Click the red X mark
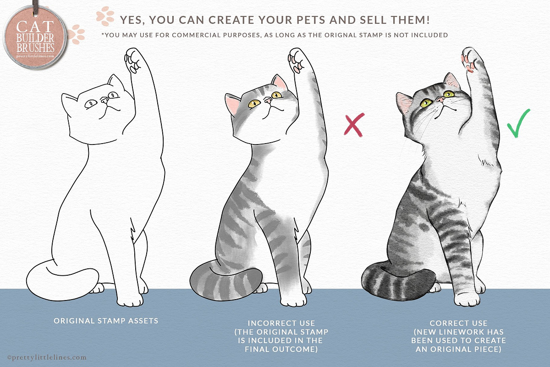coord(354,125)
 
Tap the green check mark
coord(518,124)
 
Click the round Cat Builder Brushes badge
coord(35,38)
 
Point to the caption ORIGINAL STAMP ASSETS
coord(106,321)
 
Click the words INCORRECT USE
coord(281,323)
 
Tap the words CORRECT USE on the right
coord(458,323)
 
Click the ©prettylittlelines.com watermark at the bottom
coord(47,357)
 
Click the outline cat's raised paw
coord(133,61)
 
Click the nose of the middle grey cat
coord(268,100)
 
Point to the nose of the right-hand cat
coord(441,100)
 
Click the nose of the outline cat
coord(104,100)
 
